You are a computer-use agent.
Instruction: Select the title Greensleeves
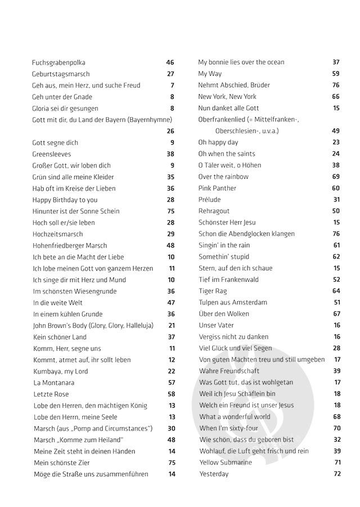[52, 154]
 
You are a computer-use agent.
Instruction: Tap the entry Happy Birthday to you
[65, 200]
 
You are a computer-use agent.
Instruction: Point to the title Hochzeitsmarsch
[57, 234]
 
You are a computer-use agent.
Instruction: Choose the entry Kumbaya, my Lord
[61, 371]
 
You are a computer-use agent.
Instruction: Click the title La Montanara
[55, 383]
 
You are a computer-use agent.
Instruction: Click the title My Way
[210, 74]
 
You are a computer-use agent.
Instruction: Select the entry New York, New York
[227, 97]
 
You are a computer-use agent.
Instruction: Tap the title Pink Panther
[217, 188]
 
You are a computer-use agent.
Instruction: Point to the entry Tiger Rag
[214, 291]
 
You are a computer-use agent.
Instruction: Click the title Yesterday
[214, 474]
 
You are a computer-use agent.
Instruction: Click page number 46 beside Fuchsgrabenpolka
[170, 62]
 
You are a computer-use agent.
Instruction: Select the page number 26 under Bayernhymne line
[170, 131]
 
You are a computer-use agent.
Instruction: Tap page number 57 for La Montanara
[171, 383]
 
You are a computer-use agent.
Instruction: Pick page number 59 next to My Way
[336, 74]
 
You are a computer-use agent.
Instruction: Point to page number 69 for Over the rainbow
[336, 177]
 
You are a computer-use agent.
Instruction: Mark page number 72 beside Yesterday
[337, 474]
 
